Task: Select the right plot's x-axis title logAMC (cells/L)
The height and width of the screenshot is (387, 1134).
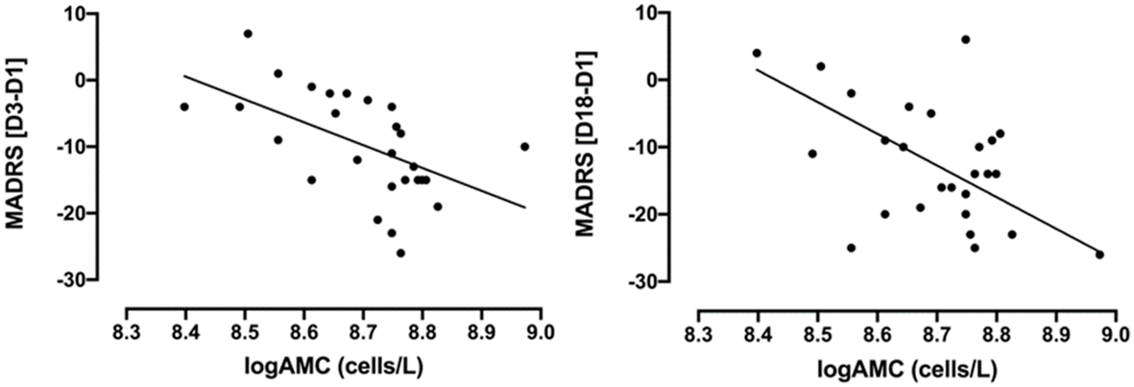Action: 906,370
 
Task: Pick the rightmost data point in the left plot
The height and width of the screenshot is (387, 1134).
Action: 524,147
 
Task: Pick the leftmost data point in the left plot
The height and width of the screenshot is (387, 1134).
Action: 184,107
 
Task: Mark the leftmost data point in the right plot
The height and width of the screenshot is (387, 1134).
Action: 757,53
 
